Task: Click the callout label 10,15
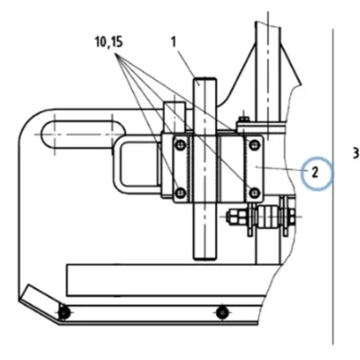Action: (109, 42)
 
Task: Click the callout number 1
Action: (174, 42)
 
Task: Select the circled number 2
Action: (315, 173)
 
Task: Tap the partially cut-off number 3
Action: (355, 153)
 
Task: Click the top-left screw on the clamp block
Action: (180, 145)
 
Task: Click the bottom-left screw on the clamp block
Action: (180, 193)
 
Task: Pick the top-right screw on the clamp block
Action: (255, 144)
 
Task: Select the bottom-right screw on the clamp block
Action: (255, 193)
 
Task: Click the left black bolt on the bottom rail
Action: (64, 313)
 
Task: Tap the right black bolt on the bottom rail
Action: (221, 313)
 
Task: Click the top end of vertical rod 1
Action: (205, 78)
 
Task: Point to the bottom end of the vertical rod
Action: (205, 258)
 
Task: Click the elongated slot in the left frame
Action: (83, 134)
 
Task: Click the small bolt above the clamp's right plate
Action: (244, 119)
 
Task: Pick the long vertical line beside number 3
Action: (333, 186)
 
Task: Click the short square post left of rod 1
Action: (175, 117)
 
